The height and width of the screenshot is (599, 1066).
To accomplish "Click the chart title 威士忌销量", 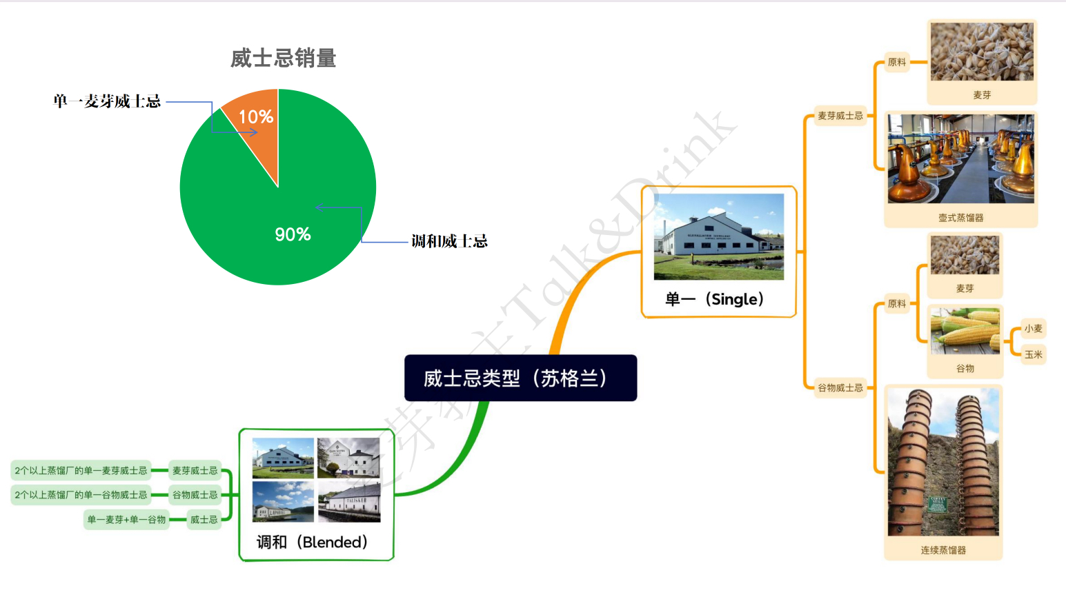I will coord(283,59).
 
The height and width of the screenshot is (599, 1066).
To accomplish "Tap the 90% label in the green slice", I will coord(293,234).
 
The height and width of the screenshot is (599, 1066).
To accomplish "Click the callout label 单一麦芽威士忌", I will coord(107,102).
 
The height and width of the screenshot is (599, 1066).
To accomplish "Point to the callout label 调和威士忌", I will coord(449,241).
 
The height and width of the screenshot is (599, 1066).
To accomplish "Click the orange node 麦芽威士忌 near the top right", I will coord(840,116).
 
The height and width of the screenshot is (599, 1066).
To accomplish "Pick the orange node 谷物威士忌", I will coord(840,388).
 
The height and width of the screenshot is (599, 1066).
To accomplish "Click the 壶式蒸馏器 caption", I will coord(960,218).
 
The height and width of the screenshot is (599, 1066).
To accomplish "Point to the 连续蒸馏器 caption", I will coord(942,550).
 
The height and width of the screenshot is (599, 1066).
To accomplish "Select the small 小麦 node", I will coord(1033,329).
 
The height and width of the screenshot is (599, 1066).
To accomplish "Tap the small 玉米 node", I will coord(1033,354).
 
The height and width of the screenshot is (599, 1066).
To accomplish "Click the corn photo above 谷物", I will coord(965,332).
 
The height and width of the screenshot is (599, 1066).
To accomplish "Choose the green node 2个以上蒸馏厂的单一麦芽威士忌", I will coord(81,471).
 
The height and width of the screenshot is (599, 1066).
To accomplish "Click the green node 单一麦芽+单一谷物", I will coord(126,520).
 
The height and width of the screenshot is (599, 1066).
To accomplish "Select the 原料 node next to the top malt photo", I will coord(896,62).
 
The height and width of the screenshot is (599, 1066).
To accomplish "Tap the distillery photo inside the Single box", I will coord(718,236).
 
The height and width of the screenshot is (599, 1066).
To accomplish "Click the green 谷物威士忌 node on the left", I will coord(195,495).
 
